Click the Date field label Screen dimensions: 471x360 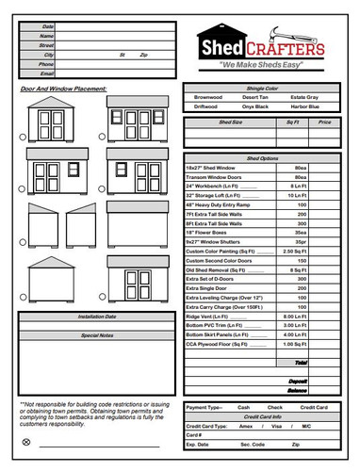[x=48, y=26]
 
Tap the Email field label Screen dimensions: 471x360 [x=47, y=73]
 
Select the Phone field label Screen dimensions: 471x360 [x=47, y=63]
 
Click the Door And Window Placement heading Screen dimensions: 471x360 [x=64, y=89]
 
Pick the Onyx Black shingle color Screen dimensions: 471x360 [x=255, y=106]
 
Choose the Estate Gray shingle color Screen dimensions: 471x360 [x=304, y=97]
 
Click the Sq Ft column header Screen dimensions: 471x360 [x=292, y=122]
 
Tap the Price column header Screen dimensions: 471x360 [x=324, y=122]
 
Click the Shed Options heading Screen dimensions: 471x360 [x=264, y=158]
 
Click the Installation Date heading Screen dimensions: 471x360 [x=97, y=317]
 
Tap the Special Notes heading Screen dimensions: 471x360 [x=97, y=334]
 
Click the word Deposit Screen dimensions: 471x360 [x=299, y=382]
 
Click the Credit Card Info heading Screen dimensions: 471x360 [x=263, y=415]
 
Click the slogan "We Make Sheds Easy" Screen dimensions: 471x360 [x=260, y=64]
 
